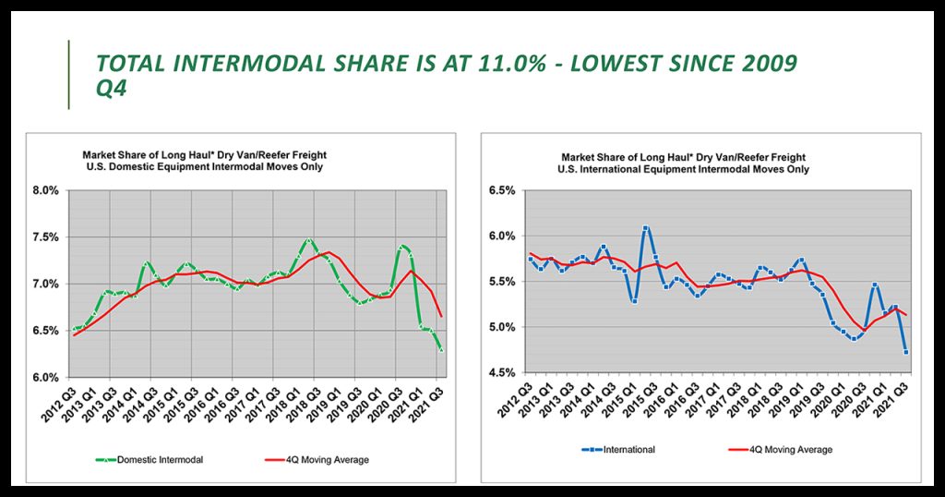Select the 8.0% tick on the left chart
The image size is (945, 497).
coord(45,191)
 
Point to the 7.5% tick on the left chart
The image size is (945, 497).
coord(45,237)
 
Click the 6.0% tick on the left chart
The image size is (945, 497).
coord(45,377)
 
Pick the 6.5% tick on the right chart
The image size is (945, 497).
coord(500,191)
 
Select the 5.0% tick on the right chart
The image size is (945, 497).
coord(500,327)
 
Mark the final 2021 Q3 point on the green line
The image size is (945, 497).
coord(440,349)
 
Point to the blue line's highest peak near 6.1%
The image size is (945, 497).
coord(645,227)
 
